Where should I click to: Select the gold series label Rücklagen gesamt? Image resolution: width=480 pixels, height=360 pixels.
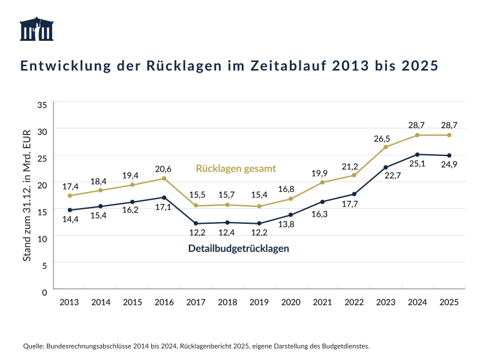point(236,169)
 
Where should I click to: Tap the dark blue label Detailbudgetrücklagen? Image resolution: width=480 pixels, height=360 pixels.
point(239,248)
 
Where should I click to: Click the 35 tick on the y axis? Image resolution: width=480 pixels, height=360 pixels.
point(42,104)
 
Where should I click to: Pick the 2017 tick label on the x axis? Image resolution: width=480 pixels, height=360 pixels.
point(196,302)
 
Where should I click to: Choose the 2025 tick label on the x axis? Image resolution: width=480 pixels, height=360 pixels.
point(449,302)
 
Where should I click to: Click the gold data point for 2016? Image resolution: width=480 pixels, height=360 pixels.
point(164,178)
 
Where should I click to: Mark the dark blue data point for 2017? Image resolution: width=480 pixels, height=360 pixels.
point(196,223)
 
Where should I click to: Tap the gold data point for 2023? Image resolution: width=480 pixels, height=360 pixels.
point(386,147)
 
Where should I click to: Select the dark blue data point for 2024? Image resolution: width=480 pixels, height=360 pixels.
point(417,154)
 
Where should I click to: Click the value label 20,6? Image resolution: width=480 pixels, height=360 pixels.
point(164,167)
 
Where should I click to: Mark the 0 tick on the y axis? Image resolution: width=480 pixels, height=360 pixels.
point(44,292)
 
